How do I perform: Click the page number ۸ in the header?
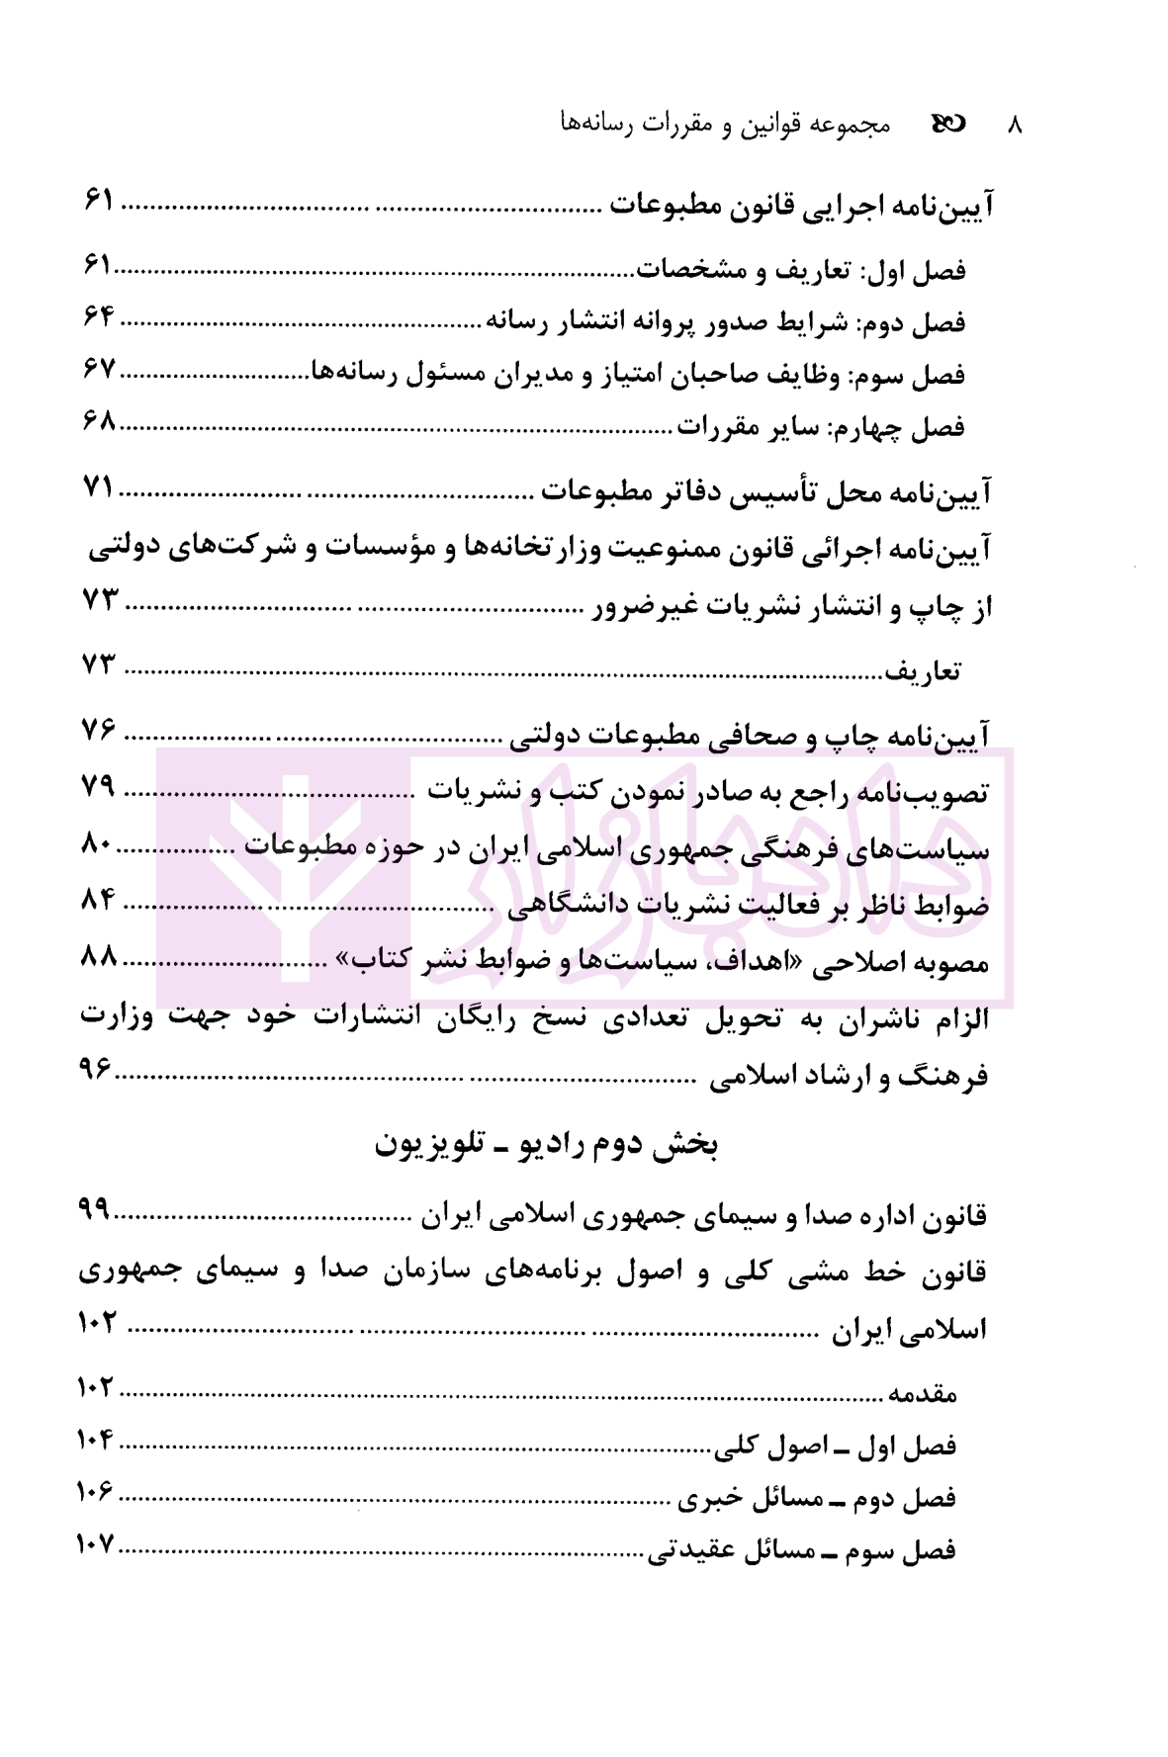pos(1014,126)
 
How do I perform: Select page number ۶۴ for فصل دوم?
pos(99,317)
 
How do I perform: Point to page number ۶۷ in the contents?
pos(99,370)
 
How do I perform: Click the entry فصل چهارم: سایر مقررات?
pos(820,427)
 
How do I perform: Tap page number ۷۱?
pos(99,486)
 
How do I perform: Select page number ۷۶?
pos(99,731)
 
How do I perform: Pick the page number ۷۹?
pos(99,787)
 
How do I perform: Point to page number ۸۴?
pos(99,900)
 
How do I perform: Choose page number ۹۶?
pos(96,1068)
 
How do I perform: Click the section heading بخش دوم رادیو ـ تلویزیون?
pos(546,1144)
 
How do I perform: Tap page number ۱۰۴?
pos(96,1440)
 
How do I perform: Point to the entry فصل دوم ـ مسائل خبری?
pos(817,1499)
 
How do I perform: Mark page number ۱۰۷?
pos(96,1544)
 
